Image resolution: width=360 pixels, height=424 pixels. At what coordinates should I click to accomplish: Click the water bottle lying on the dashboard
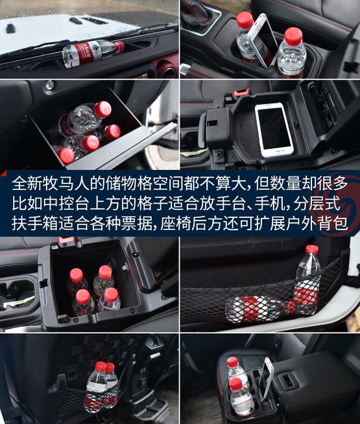tap(93, 53)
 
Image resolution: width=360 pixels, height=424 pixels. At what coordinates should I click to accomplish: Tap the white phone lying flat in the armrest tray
tap(274, 130)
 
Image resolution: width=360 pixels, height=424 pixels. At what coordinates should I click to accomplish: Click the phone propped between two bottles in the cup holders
tap(264, 40)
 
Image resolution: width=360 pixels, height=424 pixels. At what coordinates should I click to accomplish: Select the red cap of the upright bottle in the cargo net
tap(312, 250)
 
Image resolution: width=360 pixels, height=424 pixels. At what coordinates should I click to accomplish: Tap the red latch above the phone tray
tap(241, 92)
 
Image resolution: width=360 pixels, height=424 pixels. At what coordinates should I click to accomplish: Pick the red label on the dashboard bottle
tap(89, 53)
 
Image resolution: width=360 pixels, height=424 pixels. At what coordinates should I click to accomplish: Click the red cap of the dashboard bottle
tap(119, 47)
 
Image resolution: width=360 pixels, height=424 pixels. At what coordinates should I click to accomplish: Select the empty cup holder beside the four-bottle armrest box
tap(18, 296)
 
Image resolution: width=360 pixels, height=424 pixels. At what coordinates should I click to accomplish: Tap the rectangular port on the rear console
tap(287, 380)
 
